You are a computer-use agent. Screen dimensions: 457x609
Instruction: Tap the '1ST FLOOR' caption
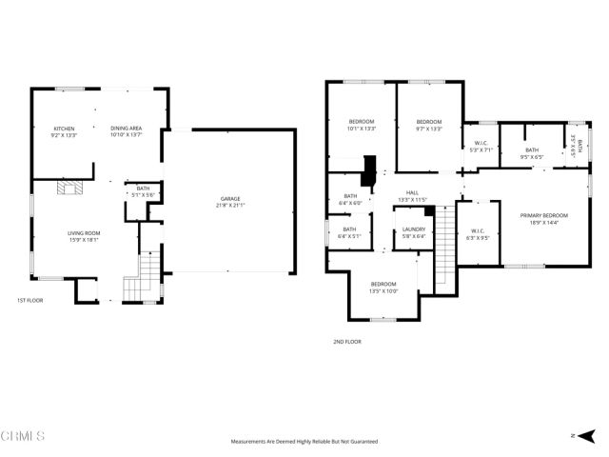[30, 301]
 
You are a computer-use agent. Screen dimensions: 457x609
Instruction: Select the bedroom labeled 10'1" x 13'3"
[362, 125]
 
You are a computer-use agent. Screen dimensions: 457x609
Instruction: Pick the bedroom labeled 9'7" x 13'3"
[429, 125]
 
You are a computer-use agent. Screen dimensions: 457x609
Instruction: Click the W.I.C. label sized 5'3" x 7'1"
[481, 147]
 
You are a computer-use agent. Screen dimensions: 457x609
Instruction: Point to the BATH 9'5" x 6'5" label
[531, 152]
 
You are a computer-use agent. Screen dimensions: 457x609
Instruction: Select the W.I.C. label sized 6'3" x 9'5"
[478, 233]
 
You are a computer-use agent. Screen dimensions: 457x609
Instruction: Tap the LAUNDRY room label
[413, 232]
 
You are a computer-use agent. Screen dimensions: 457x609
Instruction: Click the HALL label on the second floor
[412, 195]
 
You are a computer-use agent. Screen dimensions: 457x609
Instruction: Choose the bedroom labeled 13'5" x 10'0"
[383, 287]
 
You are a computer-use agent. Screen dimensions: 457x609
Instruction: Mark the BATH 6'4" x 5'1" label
[349, 232]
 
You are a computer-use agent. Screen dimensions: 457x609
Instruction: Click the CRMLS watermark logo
[24, 437]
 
